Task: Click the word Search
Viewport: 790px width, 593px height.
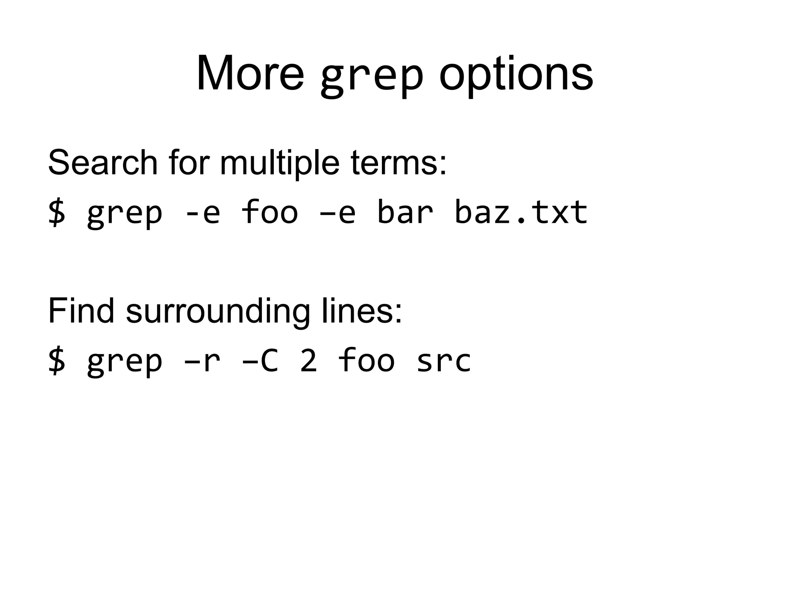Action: (x=103, y=163)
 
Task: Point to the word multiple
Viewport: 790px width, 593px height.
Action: (x=279, y=163)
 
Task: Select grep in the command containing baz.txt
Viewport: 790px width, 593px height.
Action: (x=125, y=214)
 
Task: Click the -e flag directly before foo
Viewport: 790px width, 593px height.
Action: (x=202, y=213)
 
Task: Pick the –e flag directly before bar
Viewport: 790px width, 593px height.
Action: (x=338, y=213)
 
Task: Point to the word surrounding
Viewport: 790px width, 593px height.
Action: (x=218, y=312)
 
